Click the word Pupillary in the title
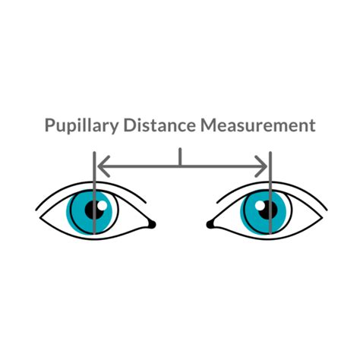pyautogui.click(x=81, y=126)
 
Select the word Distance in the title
pyautogui.click(x=159, y=125)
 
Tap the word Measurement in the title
pyautogui.click(x=258, y=125)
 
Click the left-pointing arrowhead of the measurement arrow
pyautogui.click(x=104, y=166)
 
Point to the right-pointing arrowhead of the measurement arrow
pyautogui.click(x=261, y=166)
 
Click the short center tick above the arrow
pyautogui.click(x=180, y=157)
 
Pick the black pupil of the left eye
pyautogui.click(x=95, y=210)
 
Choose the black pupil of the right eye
pyautogui.click(x=267, y=210)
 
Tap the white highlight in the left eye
pyautogui.click(x=103, y=206)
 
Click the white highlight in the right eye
pyautogui.click(x=260, y=206)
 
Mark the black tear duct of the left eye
pyautogui.click(x=152, y=224)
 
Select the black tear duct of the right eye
pyautogui.click(x=210, y=224)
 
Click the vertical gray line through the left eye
pyautogui.click(x=94, y=193)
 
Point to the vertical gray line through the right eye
pyautogui.click(x=270, y=193)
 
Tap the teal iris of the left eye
pyautogui.click(x=76, y=213)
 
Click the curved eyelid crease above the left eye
pyautogui.click(x=90, y=182)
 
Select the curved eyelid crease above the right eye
pyautogui.click(x=272, y=182)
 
